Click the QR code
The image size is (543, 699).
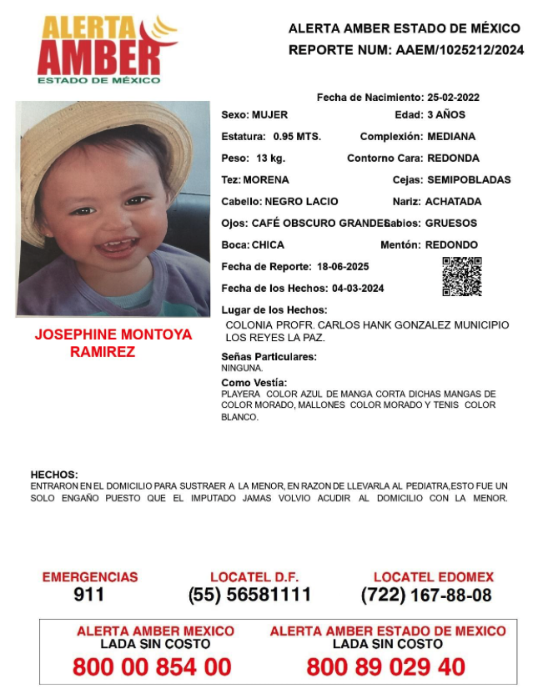pos(461,277)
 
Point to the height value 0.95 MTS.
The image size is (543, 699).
pos(297,136)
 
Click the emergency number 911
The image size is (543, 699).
pos(89,595)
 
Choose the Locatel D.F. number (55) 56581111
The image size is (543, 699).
pos(250,595)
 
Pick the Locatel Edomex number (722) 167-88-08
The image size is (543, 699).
pos(426,595)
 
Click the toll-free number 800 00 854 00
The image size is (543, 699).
pos(152,666)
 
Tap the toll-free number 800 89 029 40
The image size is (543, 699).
pos(386,666)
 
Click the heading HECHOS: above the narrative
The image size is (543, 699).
pos(54,474)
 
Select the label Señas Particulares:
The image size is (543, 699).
pos(269,356)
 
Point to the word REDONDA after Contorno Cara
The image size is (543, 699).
pos(451,158)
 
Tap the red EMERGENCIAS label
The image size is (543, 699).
pos(89,577)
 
